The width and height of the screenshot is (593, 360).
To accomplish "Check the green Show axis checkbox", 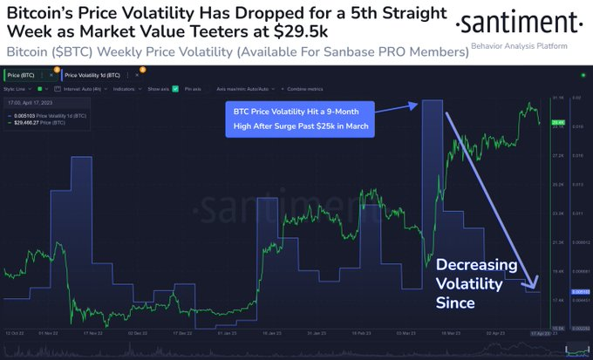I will point(175,88).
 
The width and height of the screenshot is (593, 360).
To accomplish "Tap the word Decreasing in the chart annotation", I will point(476,265).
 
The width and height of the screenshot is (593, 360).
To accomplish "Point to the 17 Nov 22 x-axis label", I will point(97,333).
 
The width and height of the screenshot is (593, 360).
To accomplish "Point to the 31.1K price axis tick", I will point(560,98).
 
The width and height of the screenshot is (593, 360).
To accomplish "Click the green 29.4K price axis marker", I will point(560,122).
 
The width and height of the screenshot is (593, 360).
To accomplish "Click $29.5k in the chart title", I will point(297,31).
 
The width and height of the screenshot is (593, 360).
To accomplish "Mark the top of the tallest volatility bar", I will point(433,102).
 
